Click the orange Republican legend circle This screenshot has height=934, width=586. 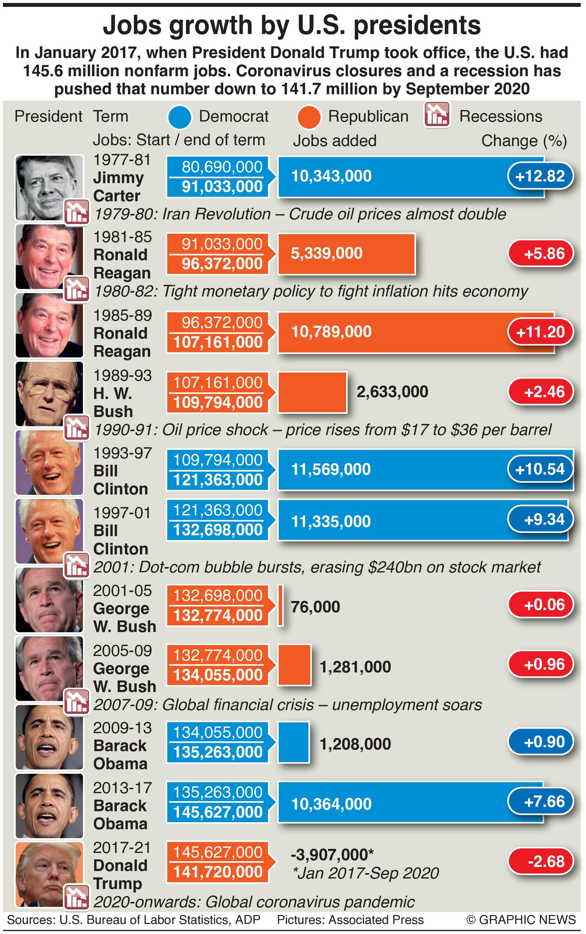pos(308,116)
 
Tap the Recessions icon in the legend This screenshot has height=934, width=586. pos(437,115)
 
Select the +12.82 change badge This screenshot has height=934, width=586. pos(540,176)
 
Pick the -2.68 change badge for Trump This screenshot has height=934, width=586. pos(540,861)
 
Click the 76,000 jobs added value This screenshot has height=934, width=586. pos(315,607)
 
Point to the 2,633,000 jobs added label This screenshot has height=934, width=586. pos(392,392)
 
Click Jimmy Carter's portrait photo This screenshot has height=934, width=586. pos(49,188)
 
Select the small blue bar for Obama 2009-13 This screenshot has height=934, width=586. pos(293,742)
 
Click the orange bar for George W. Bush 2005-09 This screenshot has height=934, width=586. pos(294,665)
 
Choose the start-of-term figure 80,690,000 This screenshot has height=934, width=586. pos(222,167)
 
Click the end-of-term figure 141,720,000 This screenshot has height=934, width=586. pos(217,872)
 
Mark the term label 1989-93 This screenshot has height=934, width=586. pos(122,375)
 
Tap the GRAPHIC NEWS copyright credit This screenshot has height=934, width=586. pos(521,919)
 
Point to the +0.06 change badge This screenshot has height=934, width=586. pos(540,605)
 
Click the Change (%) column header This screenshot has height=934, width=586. pos(524,141)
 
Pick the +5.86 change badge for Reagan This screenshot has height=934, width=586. pos(540,253)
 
